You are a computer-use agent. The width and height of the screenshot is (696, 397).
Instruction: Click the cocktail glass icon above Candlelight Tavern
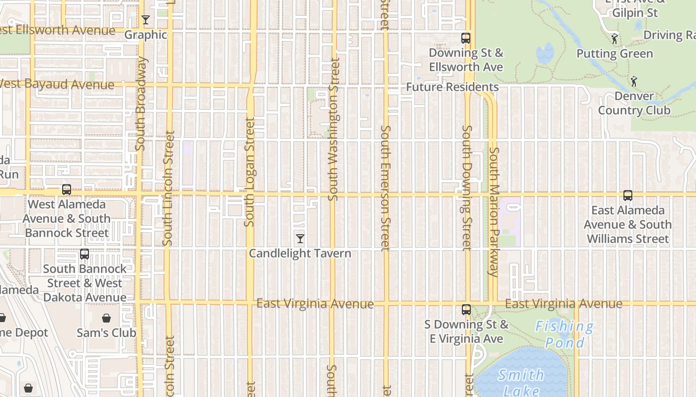coord(300,239)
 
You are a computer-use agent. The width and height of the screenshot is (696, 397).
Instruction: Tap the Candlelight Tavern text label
coord(300,254)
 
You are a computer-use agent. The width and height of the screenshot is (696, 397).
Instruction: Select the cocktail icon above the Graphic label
coord(146,20)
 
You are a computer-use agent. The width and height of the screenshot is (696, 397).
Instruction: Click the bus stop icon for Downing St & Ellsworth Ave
coord(466,38)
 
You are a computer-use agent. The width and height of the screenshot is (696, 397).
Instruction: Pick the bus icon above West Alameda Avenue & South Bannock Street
coord(67,190)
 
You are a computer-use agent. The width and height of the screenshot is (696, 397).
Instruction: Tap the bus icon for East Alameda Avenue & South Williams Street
coord(628,196)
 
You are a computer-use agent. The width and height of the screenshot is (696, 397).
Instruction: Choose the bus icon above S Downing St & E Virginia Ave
coord(466,310)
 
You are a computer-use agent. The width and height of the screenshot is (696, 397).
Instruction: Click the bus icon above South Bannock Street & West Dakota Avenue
coord(85,254)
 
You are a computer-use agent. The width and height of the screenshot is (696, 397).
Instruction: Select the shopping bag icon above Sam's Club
coord(106,318)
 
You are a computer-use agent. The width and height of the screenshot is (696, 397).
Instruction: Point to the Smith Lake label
coord(521,383)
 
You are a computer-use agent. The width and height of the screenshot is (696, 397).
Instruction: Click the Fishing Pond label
coord(565,334)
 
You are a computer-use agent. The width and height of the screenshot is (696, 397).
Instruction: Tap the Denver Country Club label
coord(634,103)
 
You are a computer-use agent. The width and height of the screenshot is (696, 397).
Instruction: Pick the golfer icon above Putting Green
coord(615,39)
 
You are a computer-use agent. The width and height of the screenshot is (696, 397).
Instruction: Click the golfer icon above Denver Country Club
coord(634,81)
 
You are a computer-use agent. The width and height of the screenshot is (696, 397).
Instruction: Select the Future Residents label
coord(452,87)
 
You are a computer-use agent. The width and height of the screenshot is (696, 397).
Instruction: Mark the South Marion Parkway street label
coord(494,211)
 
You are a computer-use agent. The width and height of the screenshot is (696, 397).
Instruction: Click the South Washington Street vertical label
coord(334,129)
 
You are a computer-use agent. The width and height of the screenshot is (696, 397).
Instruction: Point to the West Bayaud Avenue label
coord(57,84)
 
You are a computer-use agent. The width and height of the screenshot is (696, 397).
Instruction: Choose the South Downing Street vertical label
coord(466,188)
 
